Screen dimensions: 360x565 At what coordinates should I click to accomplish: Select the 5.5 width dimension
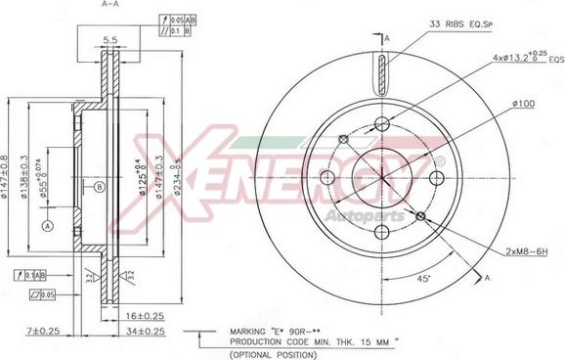110,41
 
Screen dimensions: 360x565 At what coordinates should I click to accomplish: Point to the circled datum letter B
99,187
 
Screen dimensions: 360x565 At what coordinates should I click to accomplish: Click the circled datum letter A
46,225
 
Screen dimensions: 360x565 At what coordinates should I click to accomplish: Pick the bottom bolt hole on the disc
382,232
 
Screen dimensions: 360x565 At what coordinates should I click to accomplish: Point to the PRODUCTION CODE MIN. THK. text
303,342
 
